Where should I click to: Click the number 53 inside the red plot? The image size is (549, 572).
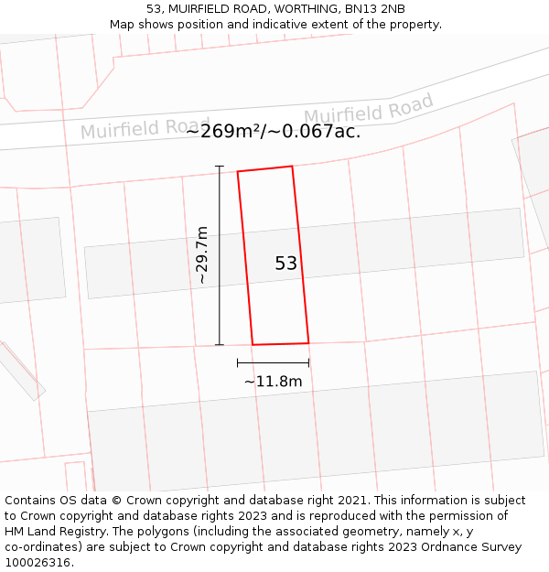(286, 264)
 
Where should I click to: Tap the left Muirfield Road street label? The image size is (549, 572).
(145, 128)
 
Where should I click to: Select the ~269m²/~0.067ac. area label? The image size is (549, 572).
(273, 131)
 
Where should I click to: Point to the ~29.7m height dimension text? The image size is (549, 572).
(202, 256)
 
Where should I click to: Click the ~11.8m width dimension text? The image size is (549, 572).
(273, 381)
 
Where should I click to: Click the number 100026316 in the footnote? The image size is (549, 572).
(38, 563)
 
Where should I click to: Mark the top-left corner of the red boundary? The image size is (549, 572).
(238, 171)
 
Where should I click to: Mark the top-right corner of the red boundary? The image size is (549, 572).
(292, 167)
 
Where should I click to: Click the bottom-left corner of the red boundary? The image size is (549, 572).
(253, 345)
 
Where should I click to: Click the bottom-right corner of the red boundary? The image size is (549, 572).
(308, 343)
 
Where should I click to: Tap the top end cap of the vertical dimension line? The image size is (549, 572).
(219, 166)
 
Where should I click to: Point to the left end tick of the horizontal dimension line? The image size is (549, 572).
(238, 363)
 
